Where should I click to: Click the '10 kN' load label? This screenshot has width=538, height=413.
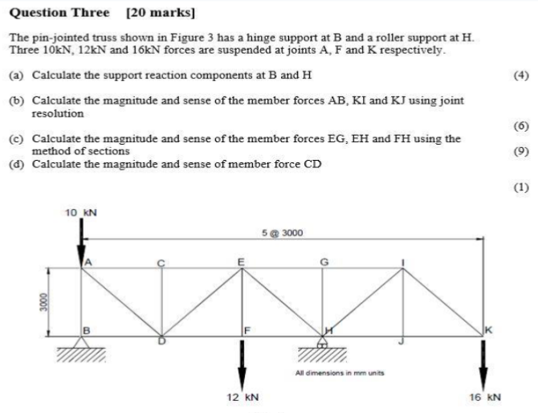pos(80,213)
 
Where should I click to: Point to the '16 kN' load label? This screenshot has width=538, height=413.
pos(484,397)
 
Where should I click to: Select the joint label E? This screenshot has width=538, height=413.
pos(241,261)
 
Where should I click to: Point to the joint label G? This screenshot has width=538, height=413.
pos(324,261)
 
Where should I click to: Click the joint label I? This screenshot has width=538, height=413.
pos(403,261)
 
